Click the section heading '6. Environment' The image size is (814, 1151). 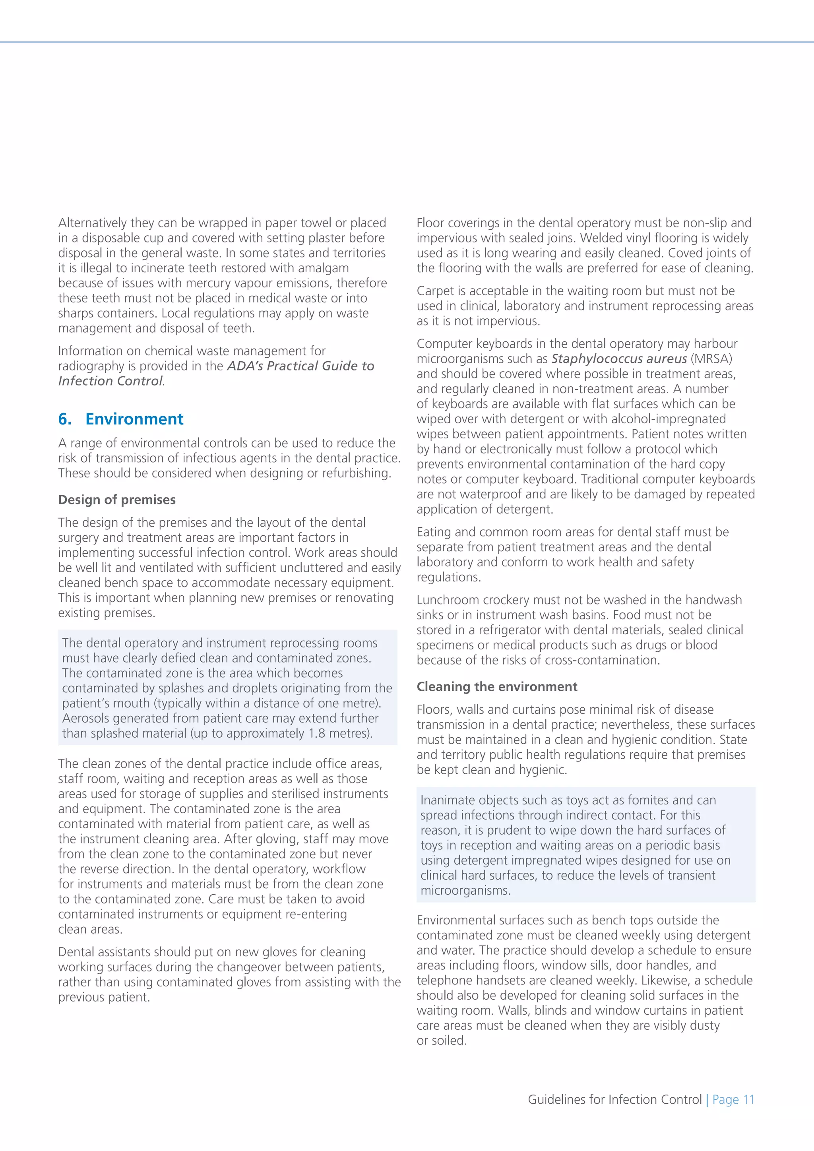pyautogui.click(x=121, y=419)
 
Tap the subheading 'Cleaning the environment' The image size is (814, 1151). pyautogui.click(x=497, y=686)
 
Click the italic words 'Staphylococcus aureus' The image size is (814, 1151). pyautogui.click(x=619, y=359)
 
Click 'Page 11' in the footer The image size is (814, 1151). pyautogui.click(x=733, y=1099)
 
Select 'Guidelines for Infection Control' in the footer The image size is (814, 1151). pyautogui.click(x=614, y=1099)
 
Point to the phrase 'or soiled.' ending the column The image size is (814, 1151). pyautogui.click(x=442, y=1041)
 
